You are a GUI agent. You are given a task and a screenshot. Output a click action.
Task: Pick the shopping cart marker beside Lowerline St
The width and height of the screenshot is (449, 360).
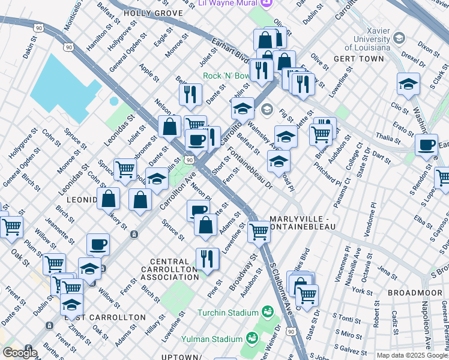259,230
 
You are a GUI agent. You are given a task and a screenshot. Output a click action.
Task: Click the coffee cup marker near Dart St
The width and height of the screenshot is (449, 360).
426,145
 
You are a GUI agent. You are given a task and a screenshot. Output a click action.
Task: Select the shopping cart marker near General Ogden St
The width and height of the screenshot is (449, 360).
11,227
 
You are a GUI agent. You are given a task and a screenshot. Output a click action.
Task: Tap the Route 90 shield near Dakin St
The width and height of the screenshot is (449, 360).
38,28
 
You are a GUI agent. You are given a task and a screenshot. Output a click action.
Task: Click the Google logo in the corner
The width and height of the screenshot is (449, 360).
20,353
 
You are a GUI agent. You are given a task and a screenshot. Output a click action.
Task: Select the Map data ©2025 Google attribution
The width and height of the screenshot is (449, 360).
412,355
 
